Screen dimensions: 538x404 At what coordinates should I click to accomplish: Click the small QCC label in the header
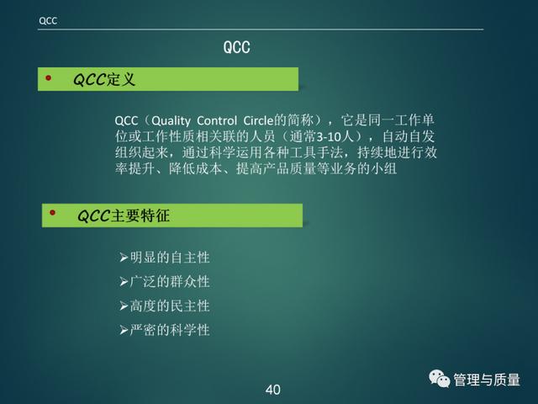48,21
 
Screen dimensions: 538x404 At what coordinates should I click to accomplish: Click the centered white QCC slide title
236,47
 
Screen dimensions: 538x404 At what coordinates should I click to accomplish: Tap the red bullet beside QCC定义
49,78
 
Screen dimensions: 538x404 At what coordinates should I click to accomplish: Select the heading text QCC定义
104,79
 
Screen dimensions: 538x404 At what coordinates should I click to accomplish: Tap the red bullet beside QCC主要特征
52,213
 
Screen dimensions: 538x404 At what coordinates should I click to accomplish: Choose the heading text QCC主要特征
124,215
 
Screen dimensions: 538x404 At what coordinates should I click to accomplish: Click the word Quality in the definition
171,121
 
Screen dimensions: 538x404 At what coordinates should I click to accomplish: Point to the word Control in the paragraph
217,120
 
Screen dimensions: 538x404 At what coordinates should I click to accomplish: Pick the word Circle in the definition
258,120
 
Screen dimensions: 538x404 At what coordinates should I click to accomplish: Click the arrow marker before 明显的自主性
124,258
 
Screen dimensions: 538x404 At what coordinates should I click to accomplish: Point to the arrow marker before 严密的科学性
124,331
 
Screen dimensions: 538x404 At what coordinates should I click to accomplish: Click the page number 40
272,390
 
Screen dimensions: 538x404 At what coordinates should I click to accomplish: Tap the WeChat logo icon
439,379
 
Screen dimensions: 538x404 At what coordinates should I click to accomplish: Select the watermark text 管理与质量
487,380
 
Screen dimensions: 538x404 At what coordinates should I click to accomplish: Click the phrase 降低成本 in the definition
195,168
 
